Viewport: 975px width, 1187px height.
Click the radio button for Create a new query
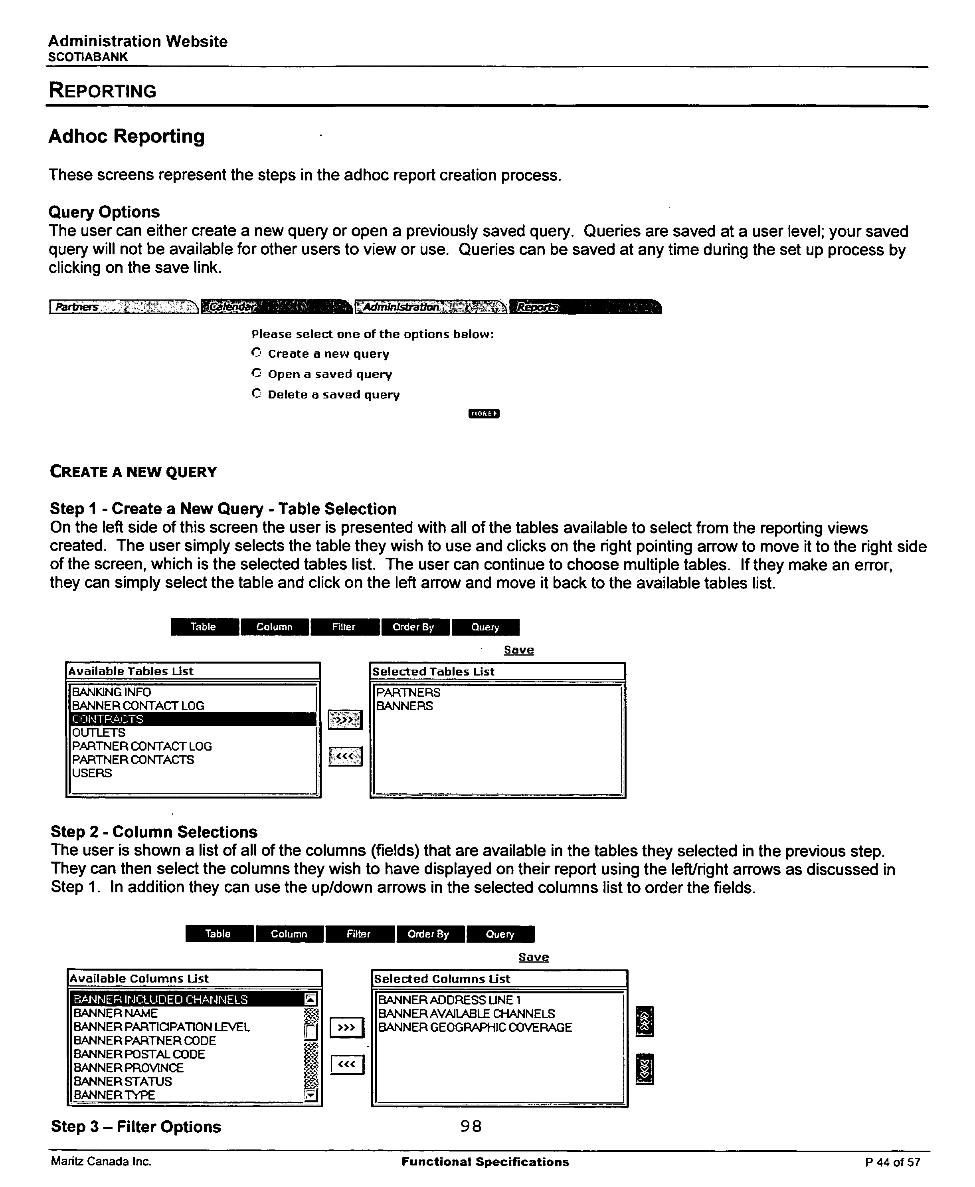pyautogui.click(x=256, y=353)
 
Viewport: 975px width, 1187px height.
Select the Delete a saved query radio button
pyautogui.click(x=256, y=393)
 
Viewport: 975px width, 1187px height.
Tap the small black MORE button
pyautogui.click(x=484, y=414)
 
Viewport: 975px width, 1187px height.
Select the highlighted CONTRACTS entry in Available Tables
pyautogui.click(x=193, y=719)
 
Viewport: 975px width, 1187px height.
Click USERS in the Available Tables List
pyautogui.click(x=92, y=773)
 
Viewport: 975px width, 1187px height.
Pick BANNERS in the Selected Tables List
pyautogui.click(x=404, y=706)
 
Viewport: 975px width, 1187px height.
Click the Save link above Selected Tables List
pyautogui.click(x=518, y=650)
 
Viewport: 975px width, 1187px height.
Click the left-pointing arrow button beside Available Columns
pyautogui.click(x=347, y=1064)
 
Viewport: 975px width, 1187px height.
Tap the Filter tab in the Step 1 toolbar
pyautogui.click(x=344, y=627)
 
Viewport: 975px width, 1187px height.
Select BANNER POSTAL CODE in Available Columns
pyautogui.click(x=139, y=1054)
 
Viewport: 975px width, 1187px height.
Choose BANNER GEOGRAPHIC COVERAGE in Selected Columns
pyautogui.click(x=475, y=1027)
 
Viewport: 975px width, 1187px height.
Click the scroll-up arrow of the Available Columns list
pyautogui.click(x=310, y=999)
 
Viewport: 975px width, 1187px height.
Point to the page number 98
pyautogui.click(x=471, y=1126)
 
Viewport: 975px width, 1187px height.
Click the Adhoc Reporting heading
pyautogui.click(x=127, y=136)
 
